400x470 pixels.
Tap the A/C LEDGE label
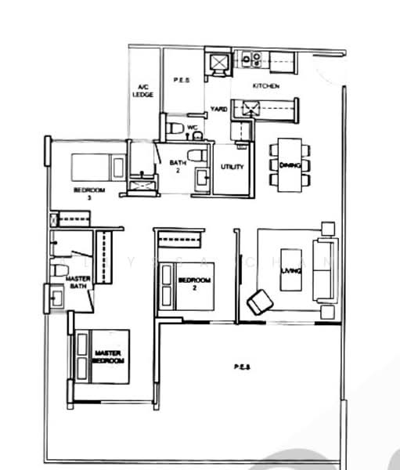pos(145,90)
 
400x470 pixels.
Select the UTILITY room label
pos(232,167)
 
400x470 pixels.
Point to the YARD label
pos(219,109)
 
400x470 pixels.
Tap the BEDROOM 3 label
pos(84,193)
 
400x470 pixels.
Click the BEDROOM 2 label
pos(194,283)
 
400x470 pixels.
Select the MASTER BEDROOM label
pos(108,357)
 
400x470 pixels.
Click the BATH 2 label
pos(177,166)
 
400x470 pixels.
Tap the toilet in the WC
pos(175,126)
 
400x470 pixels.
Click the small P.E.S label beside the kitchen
pos(177,79)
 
